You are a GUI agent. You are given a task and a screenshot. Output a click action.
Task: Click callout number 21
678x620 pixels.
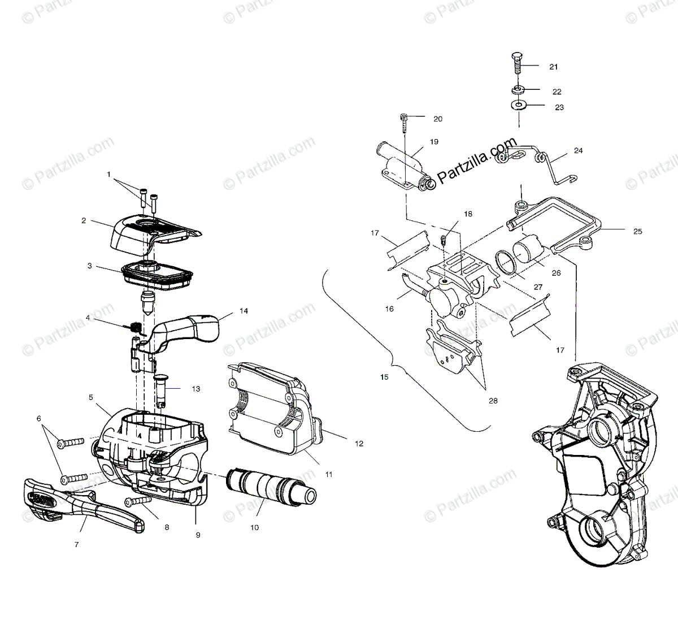tap(553, 67)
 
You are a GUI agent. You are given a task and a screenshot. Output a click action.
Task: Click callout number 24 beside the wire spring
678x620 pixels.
tap(578, 151)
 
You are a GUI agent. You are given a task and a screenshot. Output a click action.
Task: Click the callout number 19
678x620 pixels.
tap(434, 142)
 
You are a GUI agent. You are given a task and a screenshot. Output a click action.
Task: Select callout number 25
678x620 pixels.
tap(622, 231)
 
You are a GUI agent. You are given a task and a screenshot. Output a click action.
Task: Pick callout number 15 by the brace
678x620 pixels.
tap(384, 376)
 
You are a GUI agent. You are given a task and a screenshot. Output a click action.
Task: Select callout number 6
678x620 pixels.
tap(39, 418)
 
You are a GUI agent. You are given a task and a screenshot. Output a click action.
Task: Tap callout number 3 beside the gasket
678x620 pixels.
tap(89, 265)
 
